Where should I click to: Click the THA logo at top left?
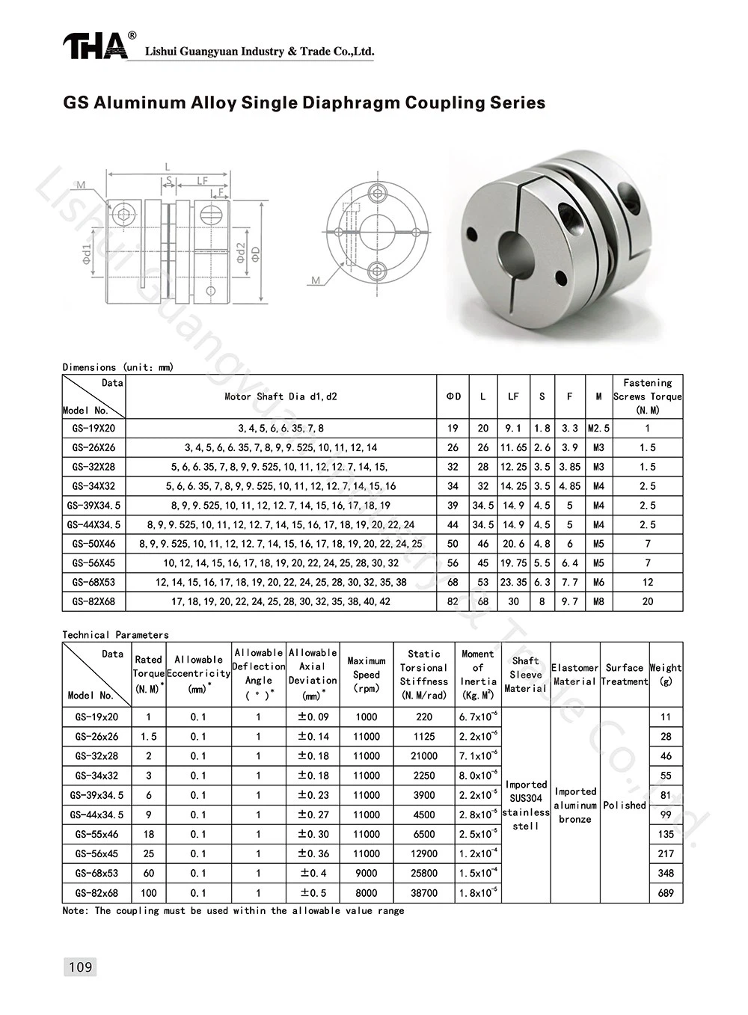95,46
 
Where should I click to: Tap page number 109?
80,967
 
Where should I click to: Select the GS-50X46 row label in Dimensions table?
93,544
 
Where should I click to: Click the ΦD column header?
453,396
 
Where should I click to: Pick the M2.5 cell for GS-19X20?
598,429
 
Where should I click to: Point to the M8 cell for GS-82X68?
598,601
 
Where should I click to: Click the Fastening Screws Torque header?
647,396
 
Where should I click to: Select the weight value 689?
666,893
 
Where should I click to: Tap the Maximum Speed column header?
367,675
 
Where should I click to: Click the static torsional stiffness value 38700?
424,893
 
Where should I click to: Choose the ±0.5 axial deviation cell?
313,893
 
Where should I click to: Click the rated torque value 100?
149,893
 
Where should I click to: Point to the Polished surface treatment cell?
625,806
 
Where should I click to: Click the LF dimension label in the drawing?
202,181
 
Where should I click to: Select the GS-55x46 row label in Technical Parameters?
96,834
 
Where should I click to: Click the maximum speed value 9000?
367,873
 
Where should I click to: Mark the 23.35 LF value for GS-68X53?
513,582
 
